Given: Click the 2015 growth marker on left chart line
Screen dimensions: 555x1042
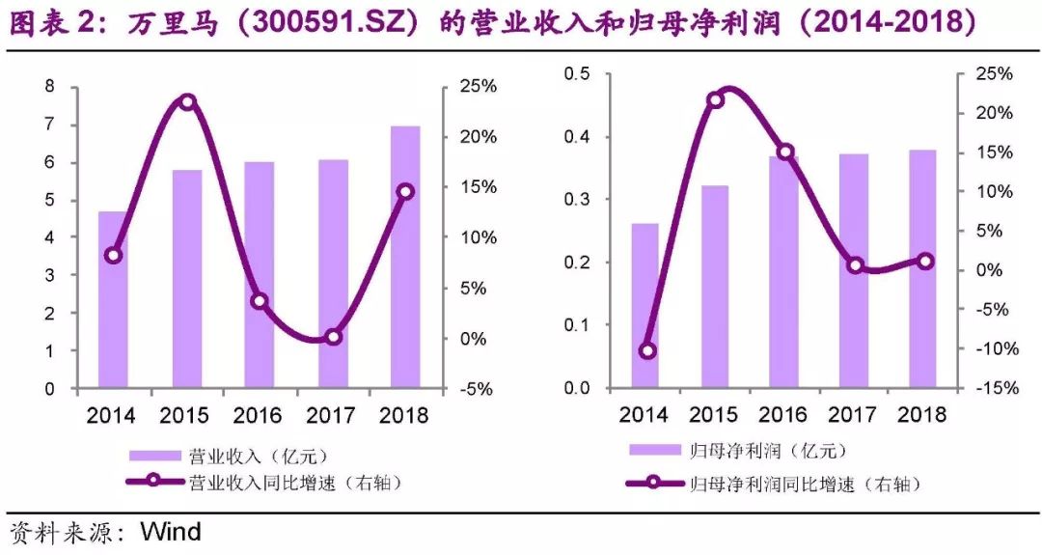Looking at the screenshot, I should (x=188, y=102).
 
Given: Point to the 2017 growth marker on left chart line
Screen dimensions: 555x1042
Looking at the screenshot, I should (x=334, y=337).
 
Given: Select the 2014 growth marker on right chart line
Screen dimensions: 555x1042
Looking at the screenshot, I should (x=646, y=350).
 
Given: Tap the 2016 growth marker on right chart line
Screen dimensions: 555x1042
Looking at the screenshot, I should (x=785, y=152).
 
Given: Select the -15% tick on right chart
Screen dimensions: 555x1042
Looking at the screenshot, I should (x=993, y=388).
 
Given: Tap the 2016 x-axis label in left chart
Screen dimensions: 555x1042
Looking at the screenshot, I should (x=258, y=416).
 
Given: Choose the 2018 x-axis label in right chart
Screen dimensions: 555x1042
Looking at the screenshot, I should (x=921, y=415).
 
